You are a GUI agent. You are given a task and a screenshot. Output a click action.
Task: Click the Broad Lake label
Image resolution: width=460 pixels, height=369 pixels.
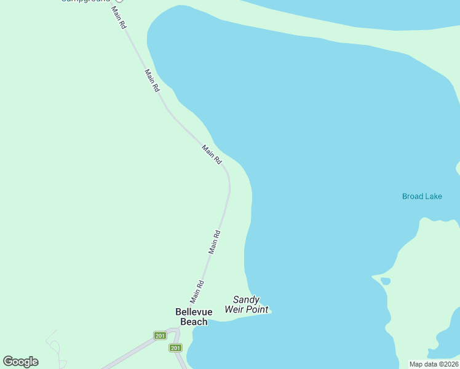[422, 196]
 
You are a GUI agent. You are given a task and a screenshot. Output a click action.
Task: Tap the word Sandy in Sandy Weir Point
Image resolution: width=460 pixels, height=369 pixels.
[245, 300]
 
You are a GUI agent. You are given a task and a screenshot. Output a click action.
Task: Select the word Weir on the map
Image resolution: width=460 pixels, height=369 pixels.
[235, 309]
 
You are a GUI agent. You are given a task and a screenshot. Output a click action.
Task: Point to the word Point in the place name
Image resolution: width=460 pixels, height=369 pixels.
[258, 309]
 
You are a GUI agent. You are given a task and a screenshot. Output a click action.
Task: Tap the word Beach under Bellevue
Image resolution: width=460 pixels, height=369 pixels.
[191, 322]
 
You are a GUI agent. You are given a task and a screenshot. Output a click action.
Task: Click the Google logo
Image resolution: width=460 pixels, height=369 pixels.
[21, 362]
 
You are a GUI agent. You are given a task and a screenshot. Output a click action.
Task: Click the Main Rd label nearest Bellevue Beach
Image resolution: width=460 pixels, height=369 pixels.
[197, 292]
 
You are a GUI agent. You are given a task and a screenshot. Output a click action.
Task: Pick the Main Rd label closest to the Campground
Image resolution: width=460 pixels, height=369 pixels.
[119, 18]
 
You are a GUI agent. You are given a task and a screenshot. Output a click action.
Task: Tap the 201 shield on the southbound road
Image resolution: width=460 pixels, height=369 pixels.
[175, 348]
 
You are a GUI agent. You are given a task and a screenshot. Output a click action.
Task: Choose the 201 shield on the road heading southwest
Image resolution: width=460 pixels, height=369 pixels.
[160, 335]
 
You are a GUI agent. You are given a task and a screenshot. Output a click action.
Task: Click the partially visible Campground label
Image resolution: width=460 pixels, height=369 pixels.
[85, 1]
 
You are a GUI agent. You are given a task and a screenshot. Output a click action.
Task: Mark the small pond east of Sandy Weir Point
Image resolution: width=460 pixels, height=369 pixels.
[386, 281]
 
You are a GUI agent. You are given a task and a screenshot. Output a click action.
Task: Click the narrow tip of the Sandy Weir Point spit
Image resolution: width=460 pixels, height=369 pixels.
[270, 311]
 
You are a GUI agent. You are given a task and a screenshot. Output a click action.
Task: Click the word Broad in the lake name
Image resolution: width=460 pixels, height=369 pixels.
[412, 196]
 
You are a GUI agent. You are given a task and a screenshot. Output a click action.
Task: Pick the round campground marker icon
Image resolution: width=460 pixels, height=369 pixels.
[120, 1]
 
